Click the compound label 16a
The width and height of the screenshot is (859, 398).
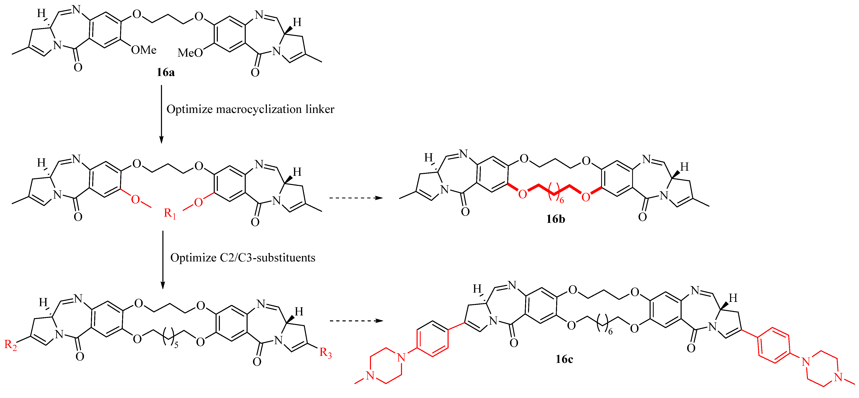click(x=166, y=72)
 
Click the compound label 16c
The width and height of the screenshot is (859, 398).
click(x=564, y=359)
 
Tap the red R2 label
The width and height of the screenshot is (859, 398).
click(x=10, y=345)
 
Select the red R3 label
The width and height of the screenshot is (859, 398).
click(x=325, y=353)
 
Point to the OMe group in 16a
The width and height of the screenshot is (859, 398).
click(x=144, y=50)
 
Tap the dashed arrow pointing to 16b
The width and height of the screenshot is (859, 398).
click(x=355, y=198)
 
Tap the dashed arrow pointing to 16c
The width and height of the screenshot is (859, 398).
click(x=355, y=321)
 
